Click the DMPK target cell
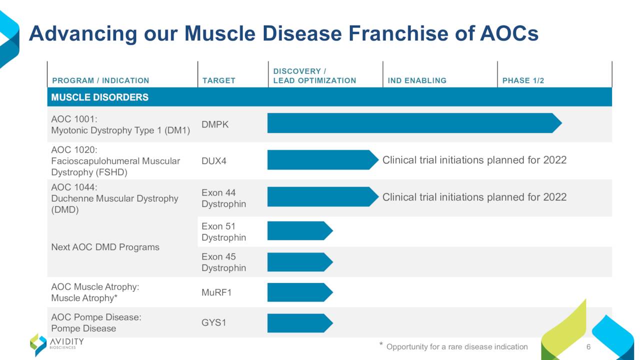click(215, 124)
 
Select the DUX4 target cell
click(213, 161)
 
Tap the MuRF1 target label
click(216, 292)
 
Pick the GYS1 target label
click(213, 323)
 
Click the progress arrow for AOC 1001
click(414, 123)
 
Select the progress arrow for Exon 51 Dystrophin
click(300, 231)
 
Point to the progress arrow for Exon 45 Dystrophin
click(300, 262)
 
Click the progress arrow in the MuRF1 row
click(300, 292)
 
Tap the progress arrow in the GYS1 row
click(300, 323)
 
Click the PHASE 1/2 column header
click(523, 80)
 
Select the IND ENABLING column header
click(417, 80)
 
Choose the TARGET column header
click(219, 80)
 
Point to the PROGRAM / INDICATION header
click(100, 80)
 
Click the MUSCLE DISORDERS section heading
click(99, 97)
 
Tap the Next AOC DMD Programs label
click(105, 247)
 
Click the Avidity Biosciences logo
click(57, 344)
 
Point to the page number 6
click(588, 347)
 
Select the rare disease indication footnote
click(453, 346)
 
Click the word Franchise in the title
click(398, 33)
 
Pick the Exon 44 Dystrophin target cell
click(223, 198)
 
